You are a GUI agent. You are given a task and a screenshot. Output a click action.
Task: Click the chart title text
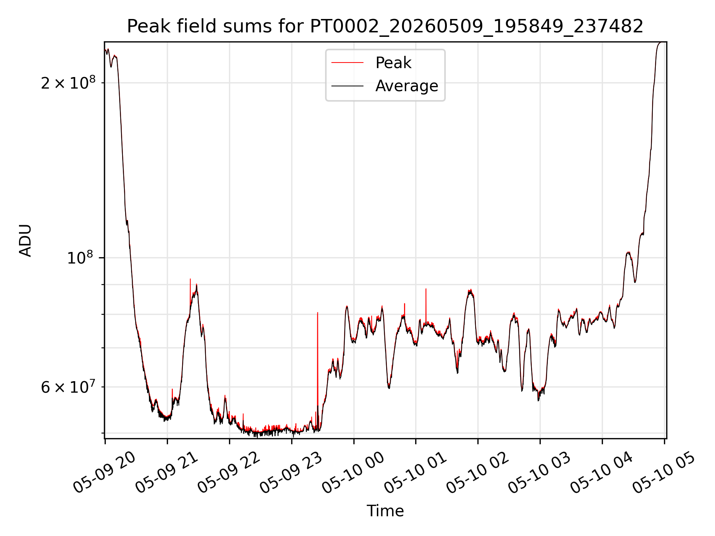click(385, 26)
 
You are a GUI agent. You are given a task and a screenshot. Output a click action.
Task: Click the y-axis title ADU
click(25, 240)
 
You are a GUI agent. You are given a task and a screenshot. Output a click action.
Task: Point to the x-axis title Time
click(385, 511)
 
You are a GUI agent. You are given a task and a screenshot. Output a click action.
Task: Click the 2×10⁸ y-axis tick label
click(68, 82)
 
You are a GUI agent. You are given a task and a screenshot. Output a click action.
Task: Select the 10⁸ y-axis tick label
click(80, 257)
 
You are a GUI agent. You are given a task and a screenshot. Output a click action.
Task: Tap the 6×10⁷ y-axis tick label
click(68, 387)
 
